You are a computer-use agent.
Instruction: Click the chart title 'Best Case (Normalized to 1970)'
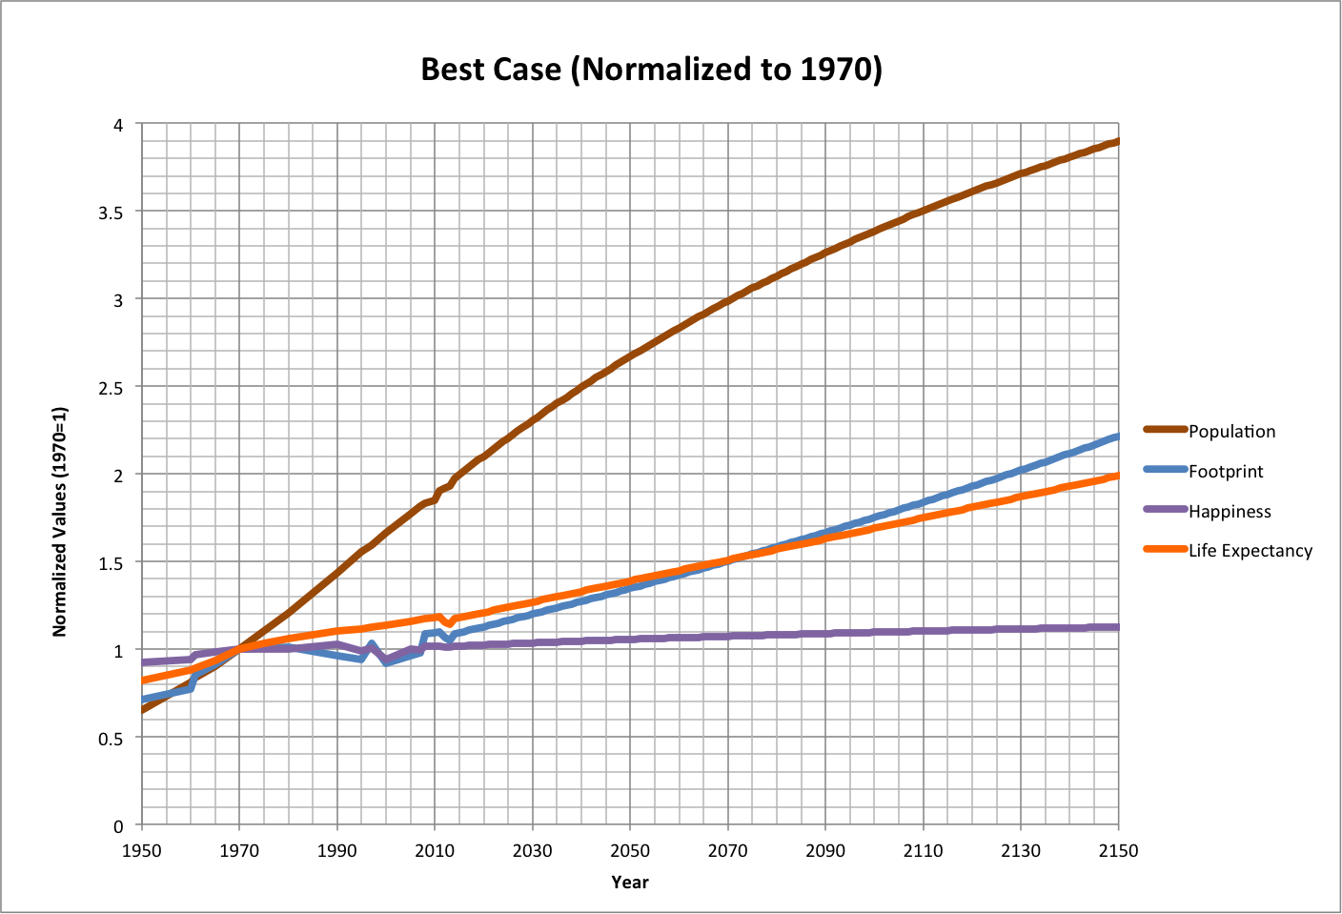pyautogui.click(x=651, y=70)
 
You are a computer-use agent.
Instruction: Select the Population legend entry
pyautogui.click(x=1230, y=432)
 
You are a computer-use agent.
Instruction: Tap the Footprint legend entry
pyautogui.click(x=1225, y=472)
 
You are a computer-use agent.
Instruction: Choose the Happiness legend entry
pyautogui.click(x=1229, y=512)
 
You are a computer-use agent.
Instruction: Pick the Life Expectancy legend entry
pyautogui.click(x=1250, y=551)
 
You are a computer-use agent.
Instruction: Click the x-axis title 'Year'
pyautogui.click(x=630, y=883)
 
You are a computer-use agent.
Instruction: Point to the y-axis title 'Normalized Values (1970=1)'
pyautogui.click(x=60, y=521)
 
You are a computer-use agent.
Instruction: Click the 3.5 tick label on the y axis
pyautogui.click(x=112, y=213)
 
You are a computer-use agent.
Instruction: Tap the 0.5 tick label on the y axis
pyautogui.click(x=112, y=739)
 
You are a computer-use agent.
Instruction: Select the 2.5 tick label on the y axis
pyautogui.click(x=112, y=388)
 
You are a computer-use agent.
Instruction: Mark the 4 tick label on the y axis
pyautogui.click(x=118, y=125)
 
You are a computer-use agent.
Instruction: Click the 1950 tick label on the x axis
pyautogui.click(x=141, y=851)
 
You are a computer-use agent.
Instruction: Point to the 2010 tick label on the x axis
pyautogui.click(x=435, y=851)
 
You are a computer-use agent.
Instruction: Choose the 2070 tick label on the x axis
pyautogui.click(x=727, y=851)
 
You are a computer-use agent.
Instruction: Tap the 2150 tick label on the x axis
pyautogui.click(x=1117, y=851)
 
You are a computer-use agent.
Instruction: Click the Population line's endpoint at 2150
pyautogui.click(x=1117, y=141)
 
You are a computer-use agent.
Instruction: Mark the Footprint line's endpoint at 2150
pyautogui.click(x=1117, y=437)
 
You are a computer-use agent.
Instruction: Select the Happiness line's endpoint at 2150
pyautogui.click(x=1117, y=627)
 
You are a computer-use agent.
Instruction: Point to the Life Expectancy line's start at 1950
pyautogui.click(x=142, y=680)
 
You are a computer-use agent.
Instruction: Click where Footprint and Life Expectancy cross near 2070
pyautogui.click(x=729, y=560)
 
